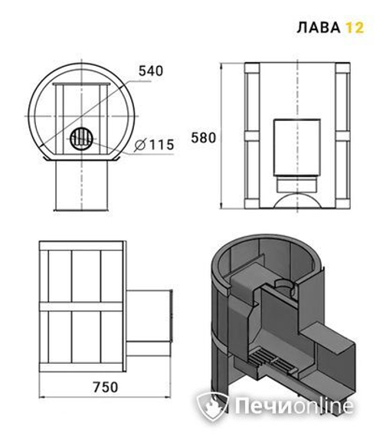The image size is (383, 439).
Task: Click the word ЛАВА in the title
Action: tap(317, 28)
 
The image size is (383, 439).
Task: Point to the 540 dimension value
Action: tap(151, 71)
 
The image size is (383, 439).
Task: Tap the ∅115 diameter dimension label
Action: tap(155, 144)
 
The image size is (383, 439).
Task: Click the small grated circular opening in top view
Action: tap(81, 139)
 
